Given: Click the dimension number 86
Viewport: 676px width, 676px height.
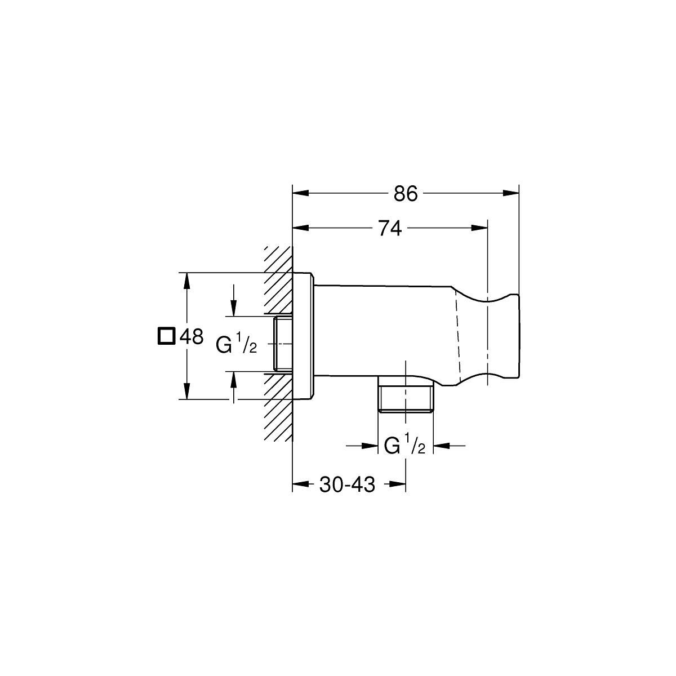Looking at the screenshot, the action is tap(406, 193).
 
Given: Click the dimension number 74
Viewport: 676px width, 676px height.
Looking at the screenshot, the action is tap(390, 228).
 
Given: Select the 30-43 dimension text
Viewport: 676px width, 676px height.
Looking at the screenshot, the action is tap(347, 484).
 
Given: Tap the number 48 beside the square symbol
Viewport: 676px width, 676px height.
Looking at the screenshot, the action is tap(192, 336).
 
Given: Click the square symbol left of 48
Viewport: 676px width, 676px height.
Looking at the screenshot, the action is tap(166, 336).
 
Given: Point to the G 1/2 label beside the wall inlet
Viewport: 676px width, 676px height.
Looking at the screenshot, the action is tap(237, 344).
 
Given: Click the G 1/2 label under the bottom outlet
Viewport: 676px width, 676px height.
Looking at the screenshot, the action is tap(405, 444).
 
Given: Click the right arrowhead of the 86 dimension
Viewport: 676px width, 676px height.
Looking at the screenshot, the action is tap(511, 193).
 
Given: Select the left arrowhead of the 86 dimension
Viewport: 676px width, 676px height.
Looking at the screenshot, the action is tap(300, 193).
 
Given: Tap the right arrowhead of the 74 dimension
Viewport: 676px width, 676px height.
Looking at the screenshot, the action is tap(479, 228).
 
